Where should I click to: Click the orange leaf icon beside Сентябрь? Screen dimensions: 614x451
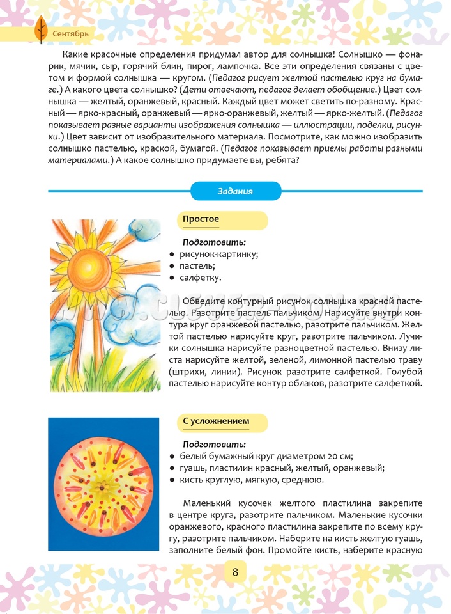pos(40,29)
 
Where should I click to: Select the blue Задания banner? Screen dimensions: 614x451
pos(236,191)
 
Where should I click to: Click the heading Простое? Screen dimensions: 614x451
pos(201,219)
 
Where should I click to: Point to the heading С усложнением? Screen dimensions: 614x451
pos(216,421)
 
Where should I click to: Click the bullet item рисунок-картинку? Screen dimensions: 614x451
pos(218,254)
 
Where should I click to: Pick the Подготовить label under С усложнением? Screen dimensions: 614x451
pos(214,444)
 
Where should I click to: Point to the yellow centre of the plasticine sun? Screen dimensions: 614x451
pos(103,485)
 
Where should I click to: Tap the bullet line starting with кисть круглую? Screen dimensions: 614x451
pos(252,479)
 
